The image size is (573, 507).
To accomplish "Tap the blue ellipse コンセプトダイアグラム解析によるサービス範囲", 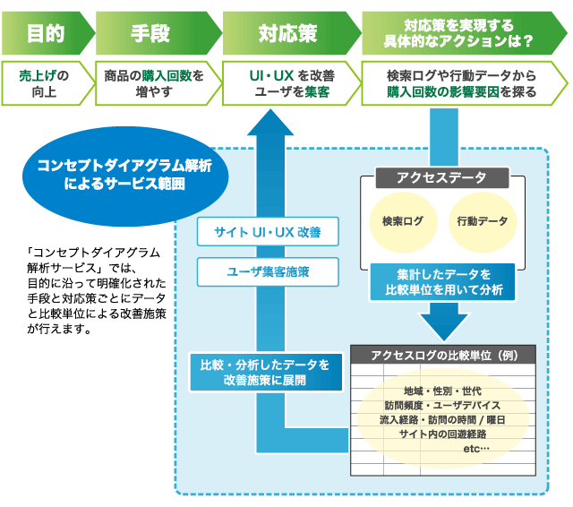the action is [x=125, y=176].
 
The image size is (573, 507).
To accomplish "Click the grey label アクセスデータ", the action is [x=442, y=177].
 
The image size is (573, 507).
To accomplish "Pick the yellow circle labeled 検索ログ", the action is [x=403, y=222].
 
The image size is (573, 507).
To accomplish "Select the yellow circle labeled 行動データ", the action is [x=483, y=222].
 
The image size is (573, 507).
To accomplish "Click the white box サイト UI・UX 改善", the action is [x=268, y=232].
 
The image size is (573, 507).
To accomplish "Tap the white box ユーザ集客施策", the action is [x=268, y=272].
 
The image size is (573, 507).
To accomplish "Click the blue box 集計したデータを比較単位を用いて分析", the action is [x=442, y=282].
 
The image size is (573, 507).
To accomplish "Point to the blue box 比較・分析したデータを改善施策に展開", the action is [x=266, y=372].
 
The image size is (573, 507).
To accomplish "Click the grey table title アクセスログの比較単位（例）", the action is [x=443, y=355].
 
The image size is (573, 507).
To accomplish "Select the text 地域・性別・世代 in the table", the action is [x=442, y=391].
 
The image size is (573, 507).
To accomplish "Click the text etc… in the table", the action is [x=476, y=449].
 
